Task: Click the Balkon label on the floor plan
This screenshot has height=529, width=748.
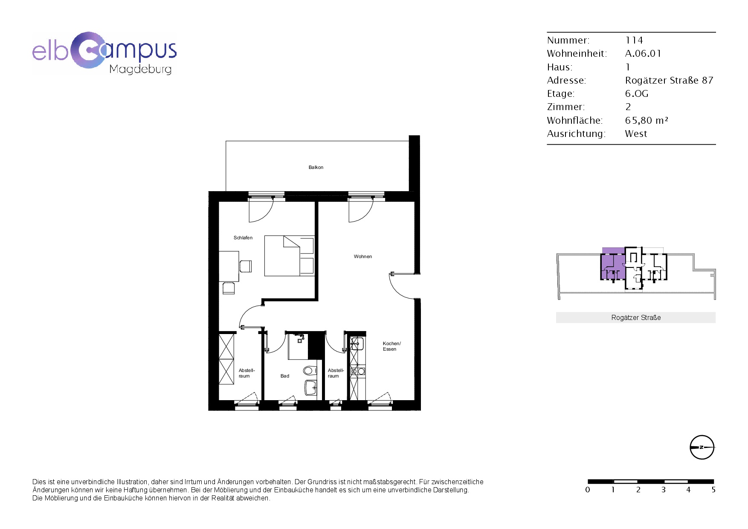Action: (316, 168)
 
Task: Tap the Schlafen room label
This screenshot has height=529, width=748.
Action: (243, 238)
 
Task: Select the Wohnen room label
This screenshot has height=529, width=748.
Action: (363, 256)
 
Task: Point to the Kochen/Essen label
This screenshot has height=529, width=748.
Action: (391, 346)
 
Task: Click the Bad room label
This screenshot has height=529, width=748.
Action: (285, 376)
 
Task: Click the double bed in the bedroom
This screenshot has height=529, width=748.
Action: (290, 256)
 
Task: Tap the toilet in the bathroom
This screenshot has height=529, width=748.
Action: (310, 370)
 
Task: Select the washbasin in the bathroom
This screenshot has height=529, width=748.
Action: (311, 388)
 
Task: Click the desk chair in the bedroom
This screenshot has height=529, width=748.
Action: (246, 266)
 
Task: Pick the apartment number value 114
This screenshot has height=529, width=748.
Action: (634, 40)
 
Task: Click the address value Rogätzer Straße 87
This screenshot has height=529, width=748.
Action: (669, 80)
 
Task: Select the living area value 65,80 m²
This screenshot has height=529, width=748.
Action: (647, 120)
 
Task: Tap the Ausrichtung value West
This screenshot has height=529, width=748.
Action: (636, 134)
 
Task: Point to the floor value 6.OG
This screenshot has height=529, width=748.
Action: (637, 93)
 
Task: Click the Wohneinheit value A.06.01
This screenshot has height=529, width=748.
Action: (643, 53)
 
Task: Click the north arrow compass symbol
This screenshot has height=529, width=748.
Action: (702, 447)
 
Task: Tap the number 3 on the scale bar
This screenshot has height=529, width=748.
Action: (663, 490)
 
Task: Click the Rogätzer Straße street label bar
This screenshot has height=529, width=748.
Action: (636, 317)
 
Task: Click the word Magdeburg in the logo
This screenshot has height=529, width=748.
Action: (140, 69)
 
